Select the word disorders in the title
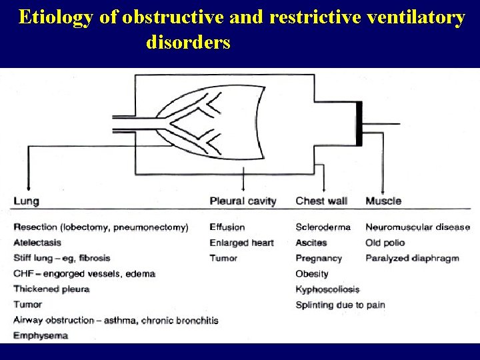click(188, 43)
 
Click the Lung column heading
click(26, 201)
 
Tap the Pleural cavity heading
click(243, 201)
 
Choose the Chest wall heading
click(321, 201)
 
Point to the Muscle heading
click(383, 201)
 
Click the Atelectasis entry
click(37, 243)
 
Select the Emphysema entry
click(41, 335)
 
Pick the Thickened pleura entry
click(51, 289)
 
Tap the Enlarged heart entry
click(241, 243)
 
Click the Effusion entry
click(227, 227)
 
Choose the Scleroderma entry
click(323, 227)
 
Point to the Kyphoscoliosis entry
click(327, 289)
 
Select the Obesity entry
click(312, 274)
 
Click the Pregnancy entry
click(319, 258)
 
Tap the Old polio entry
click(385, 243)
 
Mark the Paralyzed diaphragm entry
click(412, 258)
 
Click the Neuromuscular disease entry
click(417, 227)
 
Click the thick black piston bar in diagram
click(359, 124)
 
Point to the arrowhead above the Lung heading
click(27, 189)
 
